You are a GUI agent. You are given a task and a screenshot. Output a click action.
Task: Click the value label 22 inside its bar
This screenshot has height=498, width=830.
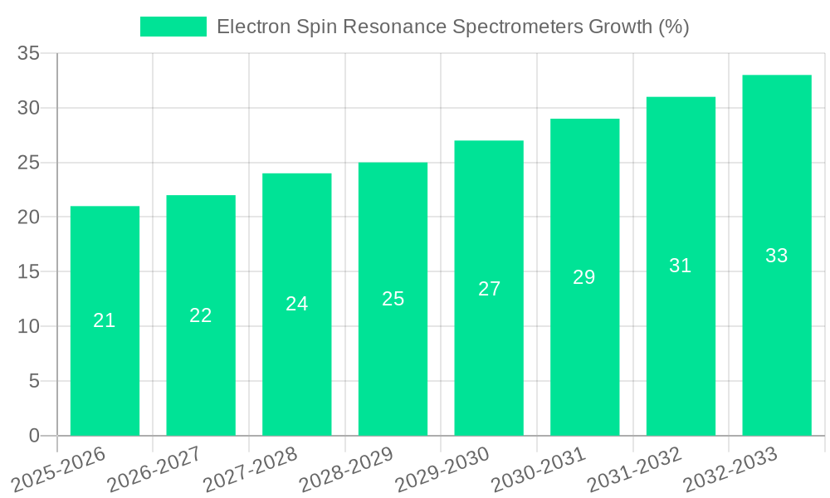click(x=201, y=315)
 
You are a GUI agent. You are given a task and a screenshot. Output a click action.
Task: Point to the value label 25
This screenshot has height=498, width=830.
click(x=393, y=299)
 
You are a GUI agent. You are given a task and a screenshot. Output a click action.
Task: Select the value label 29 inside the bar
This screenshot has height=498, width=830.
click(x=584, y=277)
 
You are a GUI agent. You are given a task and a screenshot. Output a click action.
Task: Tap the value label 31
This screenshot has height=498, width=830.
click(x=681, y=266)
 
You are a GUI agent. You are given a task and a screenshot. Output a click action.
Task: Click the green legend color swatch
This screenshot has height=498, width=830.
click(x=173, y=27)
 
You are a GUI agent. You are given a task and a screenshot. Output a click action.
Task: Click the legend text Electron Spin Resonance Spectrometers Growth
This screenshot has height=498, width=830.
click(x=452, y=27)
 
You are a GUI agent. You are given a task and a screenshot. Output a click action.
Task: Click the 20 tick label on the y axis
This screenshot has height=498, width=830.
click(x=28, y=217)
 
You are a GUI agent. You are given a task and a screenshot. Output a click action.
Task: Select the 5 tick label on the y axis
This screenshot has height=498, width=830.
click(x=34, y=381)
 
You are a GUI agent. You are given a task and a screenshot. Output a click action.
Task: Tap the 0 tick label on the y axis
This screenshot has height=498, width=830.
click(x=34, y=436)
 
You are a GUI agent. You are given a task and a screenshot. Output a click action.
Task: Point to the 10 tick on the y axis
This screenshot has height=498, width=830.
click(x=28, y=327)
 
